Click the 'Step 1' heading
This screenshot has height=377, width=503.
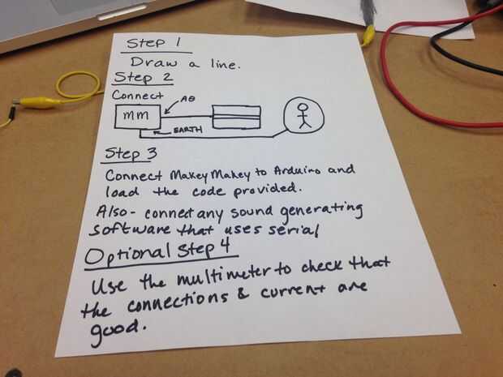(153, 43)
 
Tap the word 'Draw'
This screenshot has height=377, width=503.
(153, 62)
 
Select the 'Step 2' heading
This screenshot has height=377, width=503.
(143, 78)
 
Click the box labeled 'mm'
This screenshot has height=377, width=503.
(137, 117)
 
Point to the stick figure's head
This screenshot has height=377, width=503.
(302, 107)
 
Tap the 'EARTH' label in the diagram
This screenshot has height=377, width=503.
(188, 130)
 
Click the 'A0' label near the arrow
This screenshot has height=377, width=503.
(187, 99)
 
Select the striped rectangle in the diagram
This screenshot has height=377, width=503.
(236, 118)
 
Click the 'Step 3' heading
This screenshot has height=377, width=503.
(131, 154)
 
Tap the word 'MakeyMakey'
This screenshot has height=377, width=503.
(210, 174)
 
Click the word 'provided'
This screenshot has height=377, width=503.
(267, 191)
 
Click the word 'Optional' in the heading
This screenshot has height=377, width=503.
(127, 255)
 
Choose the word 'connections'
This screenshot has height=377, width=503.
(178, 301)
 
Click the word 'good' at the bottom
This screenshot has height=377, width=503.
(118, 330)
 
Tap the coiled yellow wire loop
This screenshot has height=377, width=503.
(78, 84)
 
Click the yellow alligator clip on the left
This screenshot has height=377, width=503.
(38, 103)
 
